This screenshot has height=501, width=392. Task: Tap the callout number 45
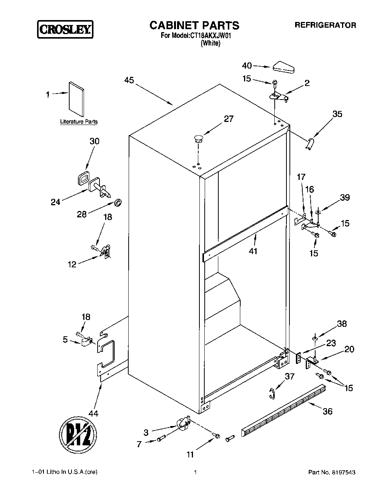click(x=129, y=80)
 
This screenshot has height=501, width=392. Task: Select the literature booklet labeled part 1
click(x=76, y=98)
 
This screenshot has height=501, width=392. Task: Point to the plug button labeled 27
click(x=198, y=137)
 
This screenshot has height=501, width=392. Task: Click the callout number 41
click(x=253, y=251)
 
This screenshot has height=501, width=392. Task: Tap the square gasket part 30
click(x=83, y=176)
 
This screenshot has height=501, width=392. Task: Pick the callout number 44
click(x=93, y=414)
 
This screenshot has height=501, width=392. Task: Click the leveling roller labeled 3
click(x=183, y=423)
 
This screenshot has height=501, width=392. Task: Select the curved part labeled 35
click(x=310, y=144)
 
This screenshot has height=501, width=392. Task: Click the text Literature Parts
click(x=79, y=122)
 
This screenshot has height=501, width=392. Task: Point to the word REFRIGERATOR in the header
click(x=325, y=25)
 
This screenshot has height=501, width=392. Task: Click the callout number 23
click(x=331, y=343)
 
